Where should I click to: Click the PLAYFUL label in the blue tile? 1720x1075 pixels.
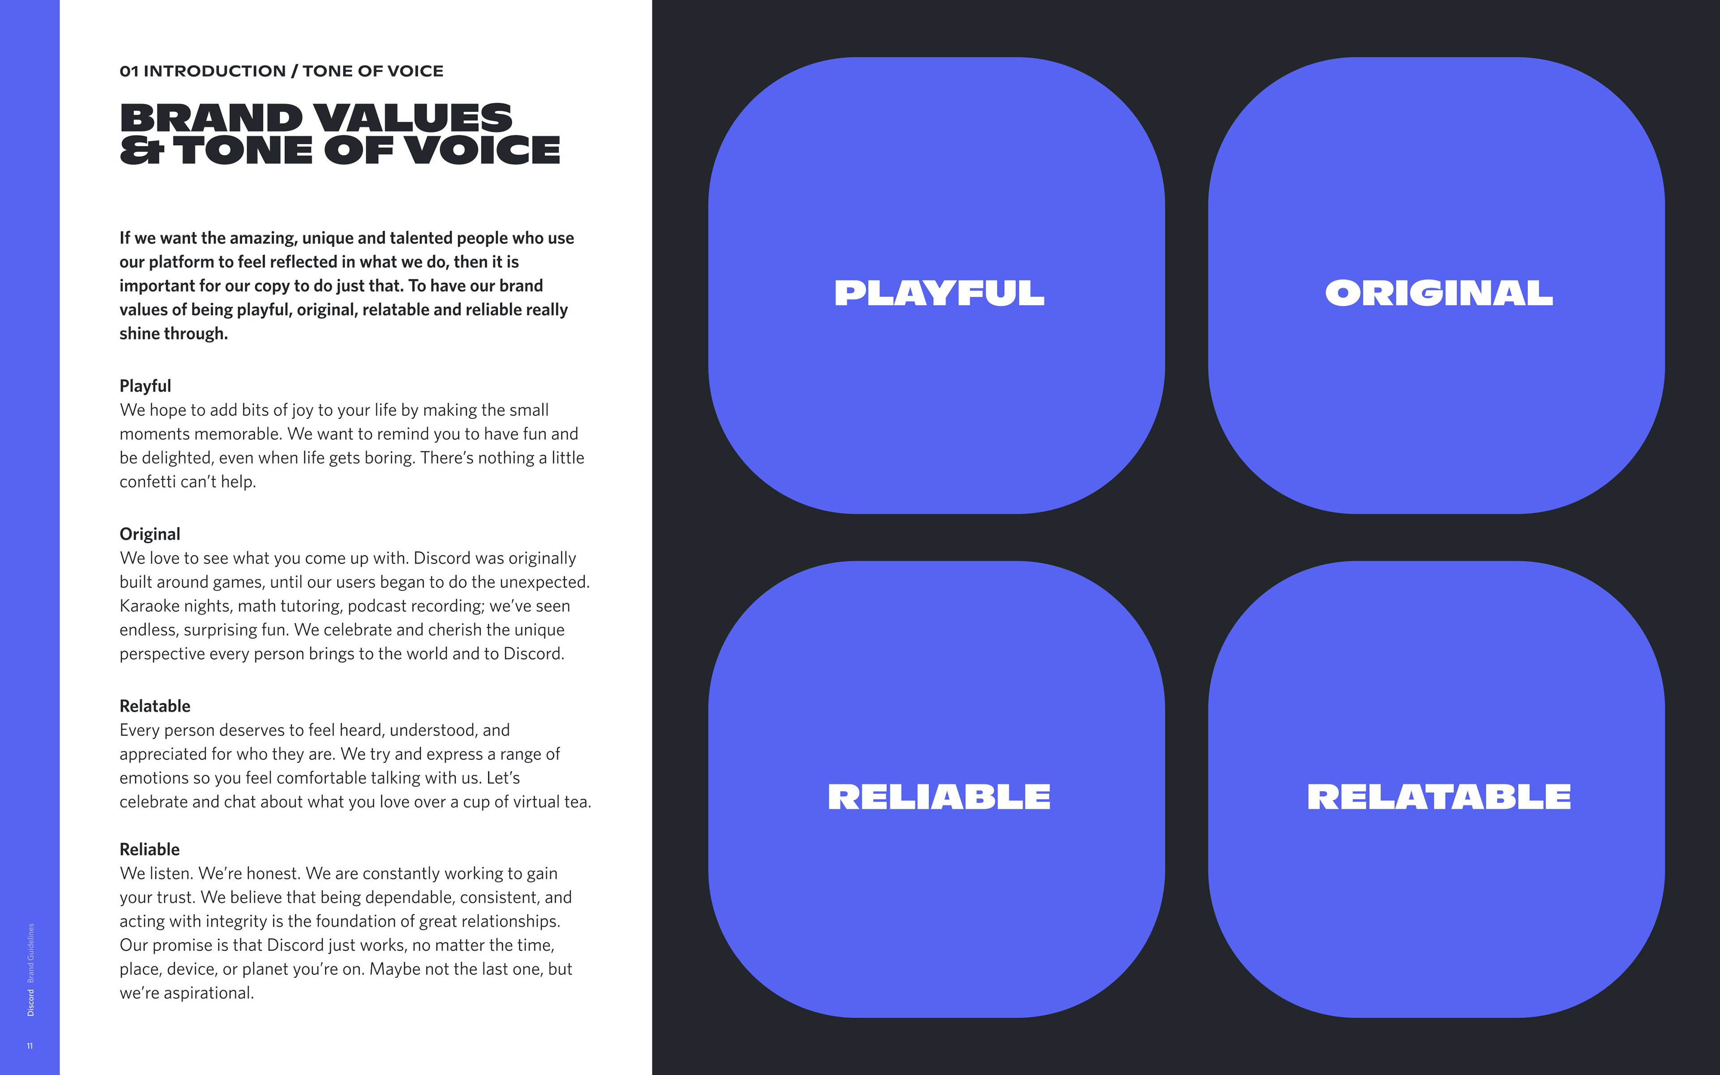pos(939,293)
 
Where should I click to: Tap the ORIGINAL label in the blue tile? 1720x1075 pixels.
pos(1439,293)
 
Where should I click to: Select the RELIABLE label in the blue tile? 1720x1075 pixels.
pos(939,796)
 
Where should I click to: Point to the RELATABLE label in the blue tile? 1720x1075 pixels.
pos(1439,796)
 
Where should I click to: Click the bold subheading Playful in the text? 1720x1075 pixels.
pos(145,386)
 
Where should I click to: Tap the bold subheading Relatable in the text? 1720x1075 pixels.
pos(155,706)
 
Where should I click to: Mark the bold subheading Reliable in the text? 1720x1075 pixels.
pos(149,850)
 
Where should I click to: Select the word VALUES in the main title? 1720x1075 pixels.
pos(412,117)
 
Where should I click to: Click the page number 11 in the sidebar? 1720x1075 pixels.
pos(30,1046)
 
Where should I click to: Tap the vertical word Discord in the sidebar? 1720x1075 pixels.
pos(30,1002)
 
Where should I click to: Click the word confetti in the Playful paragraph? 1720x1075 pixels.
pos(147,482)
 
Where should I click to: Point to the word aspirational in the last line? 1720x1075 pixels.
pos(207,993)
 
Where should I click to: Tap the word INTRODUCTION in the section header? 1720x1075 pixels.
pos(215,71)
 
